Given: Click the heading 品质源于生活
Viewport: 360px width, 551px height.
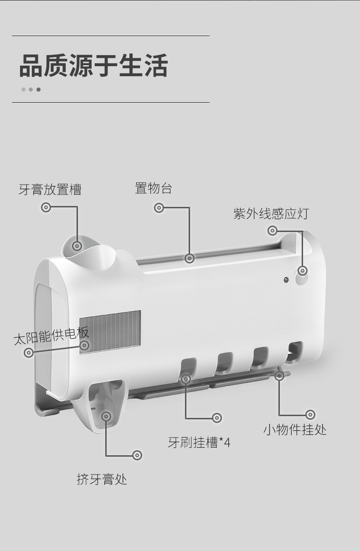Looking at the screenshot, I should [93, 66].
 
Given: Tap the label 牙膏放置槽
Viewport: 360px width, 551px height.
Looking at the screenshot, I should [50, 190].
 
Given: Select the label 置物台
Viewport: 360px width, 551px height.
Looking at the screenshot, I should [153, 188].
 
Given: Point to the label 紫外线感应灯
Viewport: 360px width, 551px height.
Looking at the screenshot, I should [271, 213].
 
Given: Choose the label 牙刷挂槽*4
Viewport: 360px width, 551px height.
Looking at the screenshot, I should [199, 442].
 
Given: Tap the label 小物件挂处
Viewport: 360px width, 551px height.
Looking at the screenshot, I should [295, 429].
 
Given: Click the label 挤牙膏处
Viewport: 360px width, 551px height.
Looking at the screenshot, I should [102, 479].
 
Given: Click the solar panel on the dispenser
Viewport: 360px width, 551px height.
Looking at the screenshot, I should [110, 331].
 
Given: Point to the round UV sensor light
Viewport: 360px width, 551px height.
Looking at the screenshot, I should [302, 271].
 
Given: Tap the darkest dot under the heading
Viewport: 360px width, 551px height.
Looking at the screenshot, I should [38, 89].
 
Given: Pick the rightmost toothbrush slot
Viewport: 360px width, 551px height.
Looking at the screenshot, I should [296, 351].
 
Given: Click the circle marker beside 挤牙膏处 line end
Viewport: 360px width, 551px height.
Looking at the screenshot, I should [137, 455].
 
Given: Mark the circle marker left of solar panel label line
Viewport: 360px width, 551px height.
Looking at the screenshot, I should [29, 352].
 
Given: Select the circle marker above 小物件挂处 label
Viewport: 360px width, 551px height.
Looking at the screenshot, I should [310, 415].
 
